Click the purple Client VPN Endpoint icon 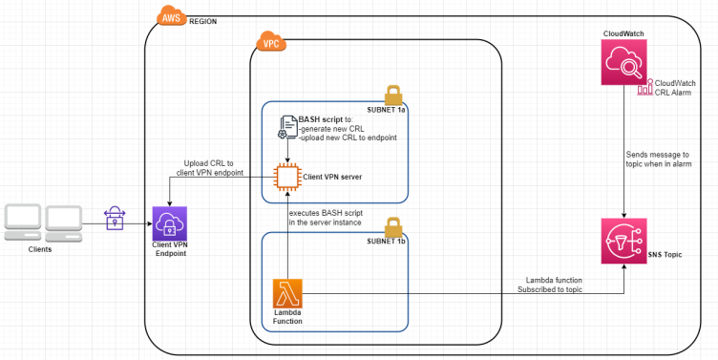(x=169, y=224)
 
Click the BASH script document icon (x=287, y=127)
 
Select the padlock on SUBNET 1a (x=392, y=95)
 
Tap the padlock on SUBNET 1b (x=392, y=227)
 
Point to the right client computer (x=67, y=222)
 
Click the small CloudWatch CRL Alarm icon (x=644, y=88)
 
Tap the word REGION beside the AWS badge (x=203, y=19)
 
